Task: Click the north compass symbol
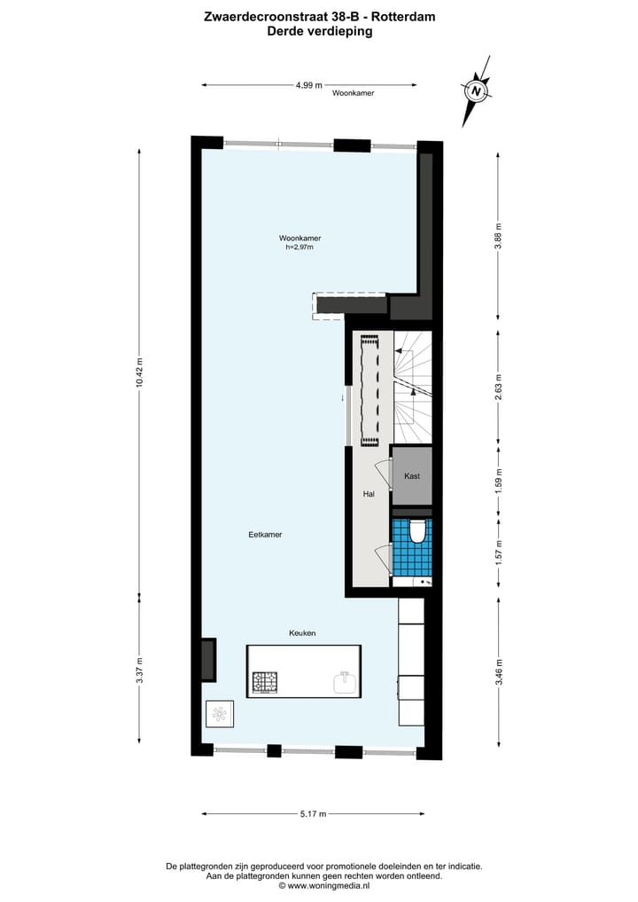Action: [x=477, y=90]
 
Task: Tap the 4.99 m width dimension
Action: [x=309, y=85]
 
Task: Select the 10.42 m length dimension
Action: [x=139, y=373]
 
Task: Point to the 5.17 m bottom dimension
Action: [x=313, y=813]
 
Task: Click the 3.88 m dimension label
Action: [x=498, y=235]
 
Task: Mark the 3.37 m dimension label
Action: [x=139, y=675]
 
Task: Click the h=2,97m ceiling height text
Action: [x=300, y=248]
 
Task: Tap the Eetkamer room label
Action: [x=265, y=535]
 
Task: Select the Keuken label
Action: [x=302, y=632]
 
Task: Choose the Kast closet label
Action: [x=412, y=476]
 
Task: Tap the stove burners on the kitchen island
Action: [x=265, y=682]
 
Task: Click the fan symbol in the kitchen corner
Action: [x=219, y=713]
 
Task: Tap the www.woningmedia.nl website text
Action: [x=325, y=885]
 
